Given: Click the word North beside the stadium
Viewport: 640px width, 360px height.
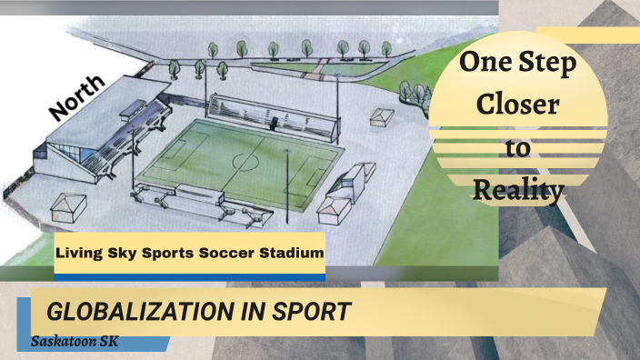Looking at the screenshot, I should coord(78,97).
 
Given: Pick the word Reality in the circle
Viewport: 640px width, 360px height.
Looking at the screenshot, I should coord(518,190).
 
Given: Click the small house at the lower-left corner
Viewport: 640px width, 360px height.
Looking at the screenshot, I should coord(69,206).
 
